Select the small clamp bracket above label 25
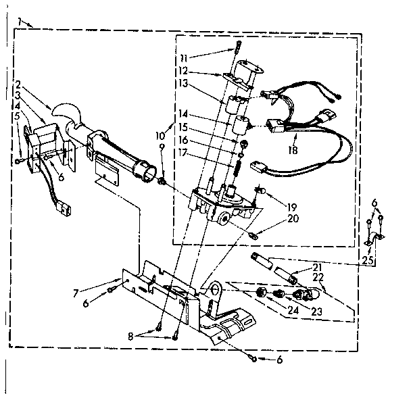click(374, 237)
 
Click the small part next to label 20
click(254, 235)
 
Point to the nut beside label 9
click(162, 180)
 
